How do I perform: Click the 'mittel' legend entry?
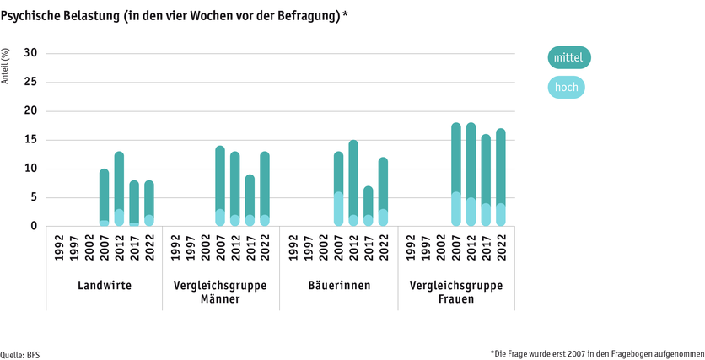[x=569, y=57]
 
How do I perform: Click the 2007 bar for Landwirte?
[x=105, y=197]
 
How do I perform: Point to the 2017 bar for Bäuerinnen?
[x=368, y=207]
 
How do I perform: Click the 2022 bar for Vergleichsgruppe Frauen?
[x=500, y=178]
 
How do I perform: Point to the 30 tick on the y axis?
[x=30, y=54]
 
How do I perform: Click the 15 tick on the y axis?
[x=30, y=140]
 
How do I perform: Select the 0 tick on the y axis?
[x=34, y=226]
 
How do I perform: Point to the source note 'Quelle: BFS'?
[x=20, y=354]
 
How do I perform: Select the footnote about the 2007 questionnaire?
[x=596, y=352]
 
